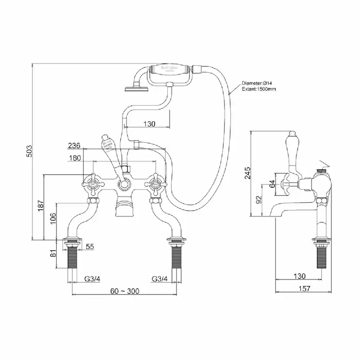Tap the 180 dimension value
coord(75,158)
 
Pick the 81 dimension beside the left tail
coord(52,253)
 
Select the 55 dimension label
coord(90,247)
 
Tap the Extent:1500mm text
coord(259,89)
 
